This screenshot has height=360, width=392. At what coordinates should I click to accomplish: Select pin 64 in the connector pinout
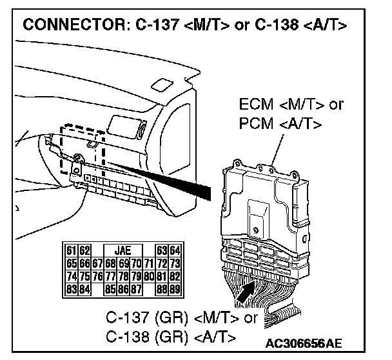click(176, 249)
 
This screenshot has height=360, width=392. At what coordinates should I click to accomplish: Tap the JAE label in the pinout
click(122, 249)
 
